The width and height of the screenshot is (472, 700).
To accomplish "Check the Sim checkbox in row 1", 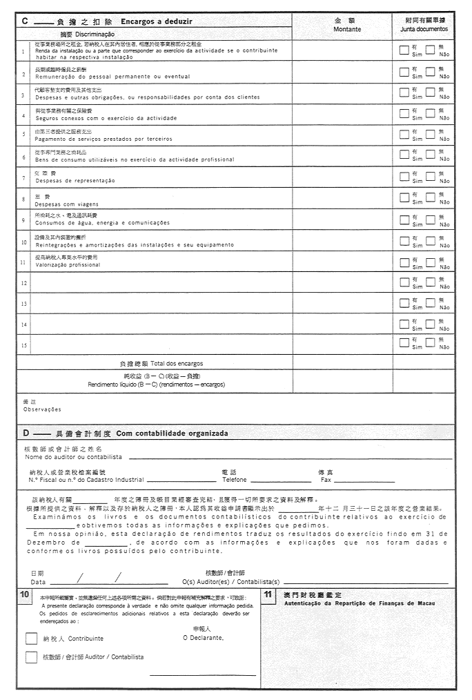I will tap(404, 50).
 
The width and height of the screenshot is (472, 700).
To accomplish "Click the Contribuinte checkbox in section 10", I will tap(31, 638).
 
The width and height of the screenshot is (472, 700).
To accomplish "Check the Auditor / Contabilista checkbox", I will tap(31, 657).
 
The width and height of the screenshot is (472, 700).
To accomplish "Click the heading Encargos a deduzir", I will tap(157, 21).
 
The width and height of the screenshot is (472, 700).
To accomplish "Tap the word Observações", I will tap(42, 409).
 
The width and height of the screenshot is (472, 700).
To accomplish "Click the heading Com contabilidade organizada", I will tap(173, 434).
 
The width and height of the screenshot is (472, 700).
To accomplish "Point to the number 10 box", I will tap(25, 594).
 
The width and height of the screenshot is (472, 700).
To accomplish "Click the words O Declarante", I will tap(203, 638).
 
